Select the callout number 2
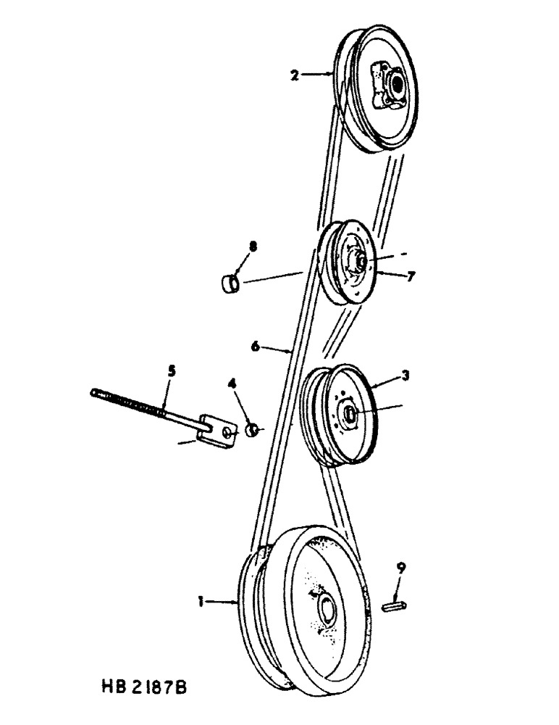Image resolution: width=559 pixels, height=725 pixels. [x=295, y=74]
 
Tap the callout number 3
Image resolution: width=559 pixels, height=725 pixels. [x=407, y=376]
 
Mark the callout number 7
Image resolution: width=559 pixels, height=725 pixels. [x=411, y=276]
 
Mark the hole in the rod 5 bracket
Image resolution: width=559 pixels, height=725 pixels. [x=228, y=432]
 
